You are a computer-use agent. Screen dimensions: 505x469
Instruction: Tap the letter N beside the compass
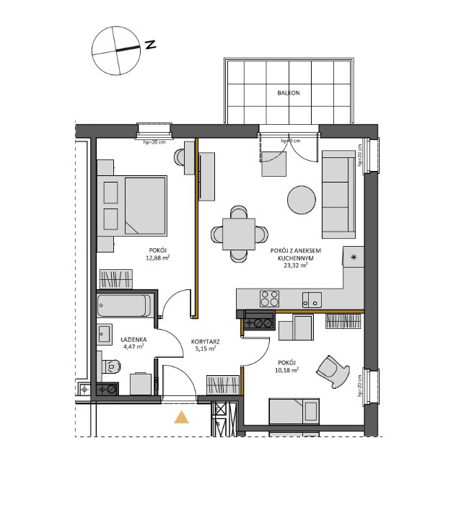point(151,45)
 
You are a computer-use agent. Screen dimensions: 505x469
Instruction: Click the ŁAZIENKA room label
point(133,338)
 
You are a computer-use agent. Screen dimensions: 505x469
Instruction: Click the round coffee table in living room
point(300,200)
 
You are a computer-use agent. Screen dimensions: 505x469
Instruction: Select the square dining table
point(238,234)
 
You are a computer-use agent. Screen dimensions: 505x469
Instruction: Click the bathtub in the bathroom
point(124,306)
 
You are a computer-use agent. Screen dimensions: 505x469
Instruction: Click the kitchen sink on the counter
point(312,298)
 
